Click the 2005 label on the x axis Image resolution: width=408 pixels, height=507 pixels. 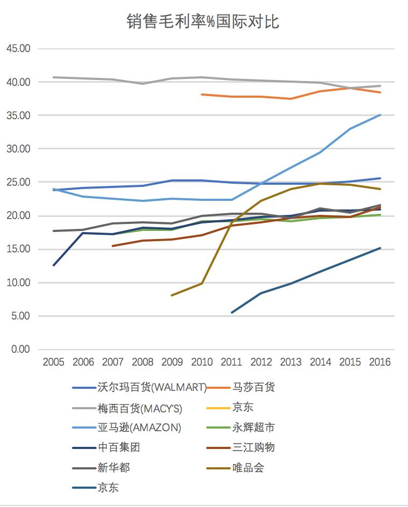click(53, 362)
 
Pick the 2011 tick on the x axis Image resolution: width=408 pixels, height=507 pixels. click(231, 362)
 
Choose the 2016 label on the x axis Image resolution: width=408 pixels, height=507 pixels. click(380, 362)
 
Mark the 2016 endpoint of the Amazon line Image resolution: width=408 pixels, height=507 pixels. click(380, 115)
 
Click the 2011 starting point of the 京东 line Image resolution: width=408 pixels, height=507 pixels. click(232, 312)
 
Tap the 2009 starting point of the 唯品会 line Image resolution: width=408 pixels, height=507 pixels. click(172, 295)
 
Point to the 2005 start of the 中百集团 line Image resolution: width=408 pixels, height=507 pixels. click(53, 265)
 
